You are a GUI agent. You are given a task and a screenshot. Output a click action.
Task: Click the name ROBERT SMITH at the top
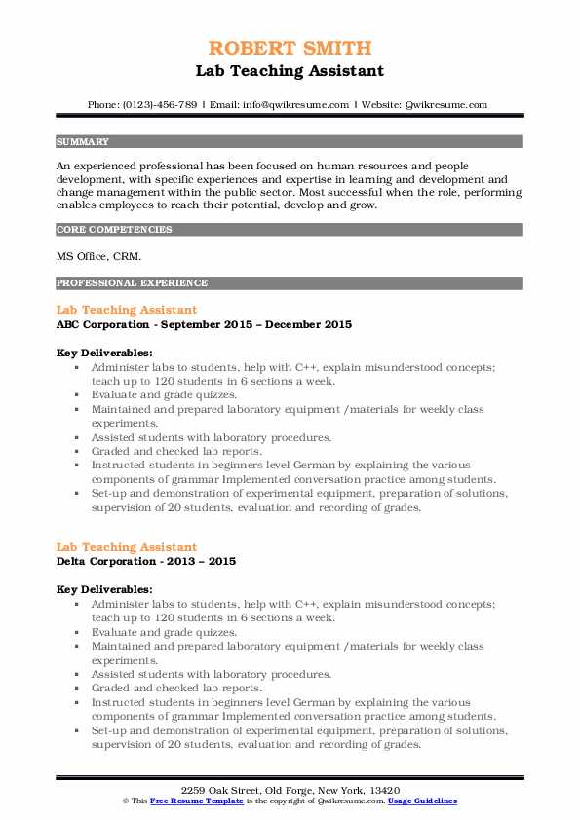point(290,49)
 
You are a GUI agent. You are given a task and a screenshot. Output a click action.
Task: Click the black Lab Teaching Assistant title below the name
point(290,70)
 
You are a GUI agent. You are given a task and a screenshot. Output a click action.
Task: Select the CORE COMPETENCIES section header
point(114,230)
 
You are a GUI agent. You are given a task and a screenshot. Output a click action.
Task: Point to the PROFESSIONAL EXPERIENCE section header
point(132,283)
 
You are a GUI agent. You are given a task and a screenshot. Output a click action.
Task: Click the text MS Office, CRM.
point(98,257)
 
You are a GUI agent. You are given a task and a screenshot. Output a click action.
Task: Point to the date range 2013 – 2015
point(203,562)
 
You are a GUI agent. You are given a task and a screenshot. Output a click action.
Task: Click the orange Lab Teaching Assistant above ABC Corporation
point(127,310)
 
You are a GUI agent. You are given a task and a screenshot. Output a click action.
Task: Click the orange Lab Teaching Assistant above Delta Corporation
point(127,547)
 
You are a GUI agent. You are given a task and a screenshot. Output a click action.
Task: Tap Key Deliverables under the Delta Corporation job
point(104,589)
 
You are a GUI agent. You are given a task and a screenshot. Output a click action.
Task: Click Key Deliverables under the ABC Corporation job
point(104,352)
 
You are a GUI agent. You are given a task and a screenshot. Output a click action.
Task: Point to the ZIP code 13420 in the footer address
point(385,789)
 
